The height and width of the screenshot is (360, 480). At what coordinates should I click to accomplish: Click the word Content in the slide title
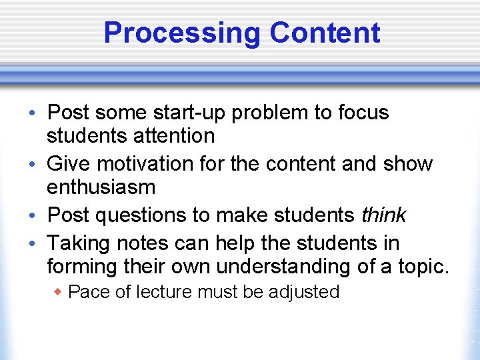[325, 33]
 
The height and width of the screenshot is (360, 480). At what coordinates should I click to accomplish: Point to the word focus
[364, 112]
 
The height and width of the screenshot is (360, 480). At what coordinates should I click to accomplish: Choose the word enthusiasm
[101, 187]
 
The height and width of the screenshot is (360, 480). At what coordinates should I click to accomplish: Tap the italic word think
[383, 215]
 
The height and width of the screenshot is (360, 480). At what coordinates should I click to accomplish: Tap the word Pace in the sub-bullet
[85, 292]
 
